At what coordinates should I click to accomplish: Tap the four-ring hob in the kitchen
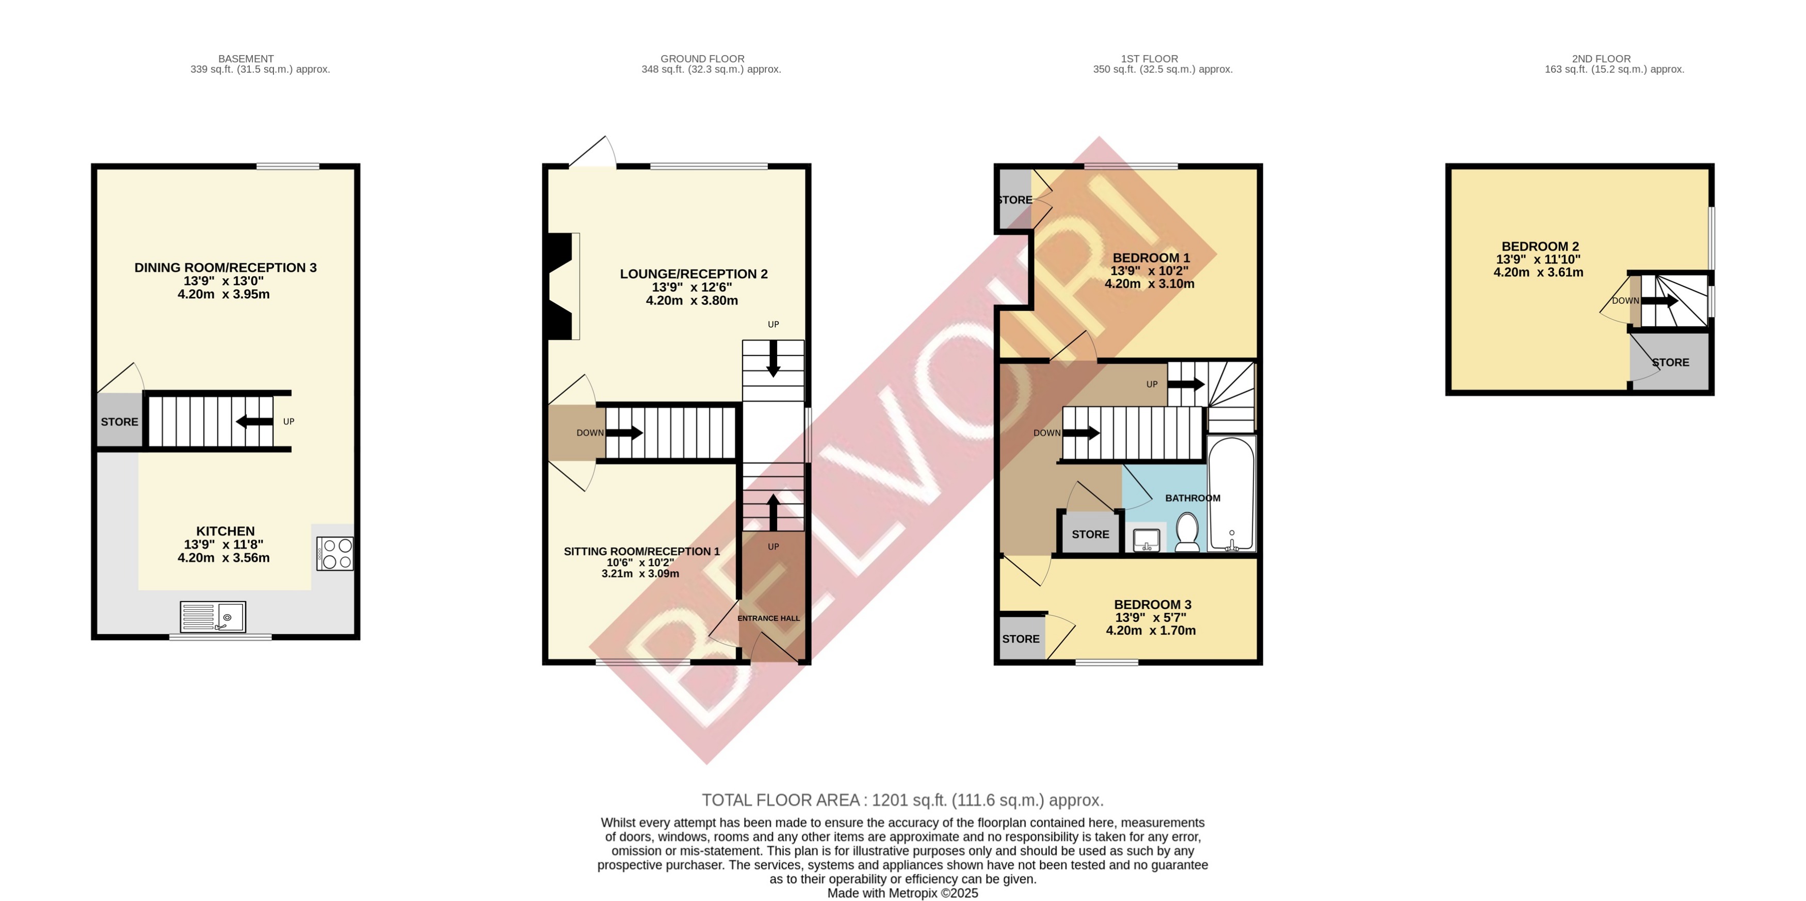(335, 553)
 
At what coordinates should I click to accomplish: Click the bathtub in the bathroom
(1231, 494)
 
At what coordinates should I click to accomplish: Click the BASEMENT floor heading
(246, 59)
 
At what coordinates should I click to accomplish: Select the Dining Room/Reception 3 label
(225, 268)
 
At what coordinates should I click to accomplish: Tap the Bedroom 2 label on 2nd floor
(1540, 247)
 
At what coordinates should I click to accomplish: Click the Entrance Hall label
(768, 618)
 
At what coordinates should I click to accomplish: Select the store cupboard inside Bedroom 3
(1021, 638)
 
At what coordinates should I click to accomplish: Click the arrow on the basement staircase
(254, 422)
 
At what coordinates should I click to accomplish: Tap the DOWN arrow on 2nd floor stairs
(1659, 301)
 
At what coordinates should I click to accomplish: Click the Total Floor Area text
(902, 800)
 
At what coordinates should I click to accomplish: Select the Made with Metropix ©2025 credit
(902, 893)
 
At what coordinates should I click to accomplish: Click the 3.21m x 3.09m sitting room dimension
(640, 573)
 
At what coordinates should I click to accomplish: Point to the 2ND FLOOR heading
(1601, 59)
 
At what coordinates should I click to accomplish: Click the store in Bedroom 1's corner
(1014, 200)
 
